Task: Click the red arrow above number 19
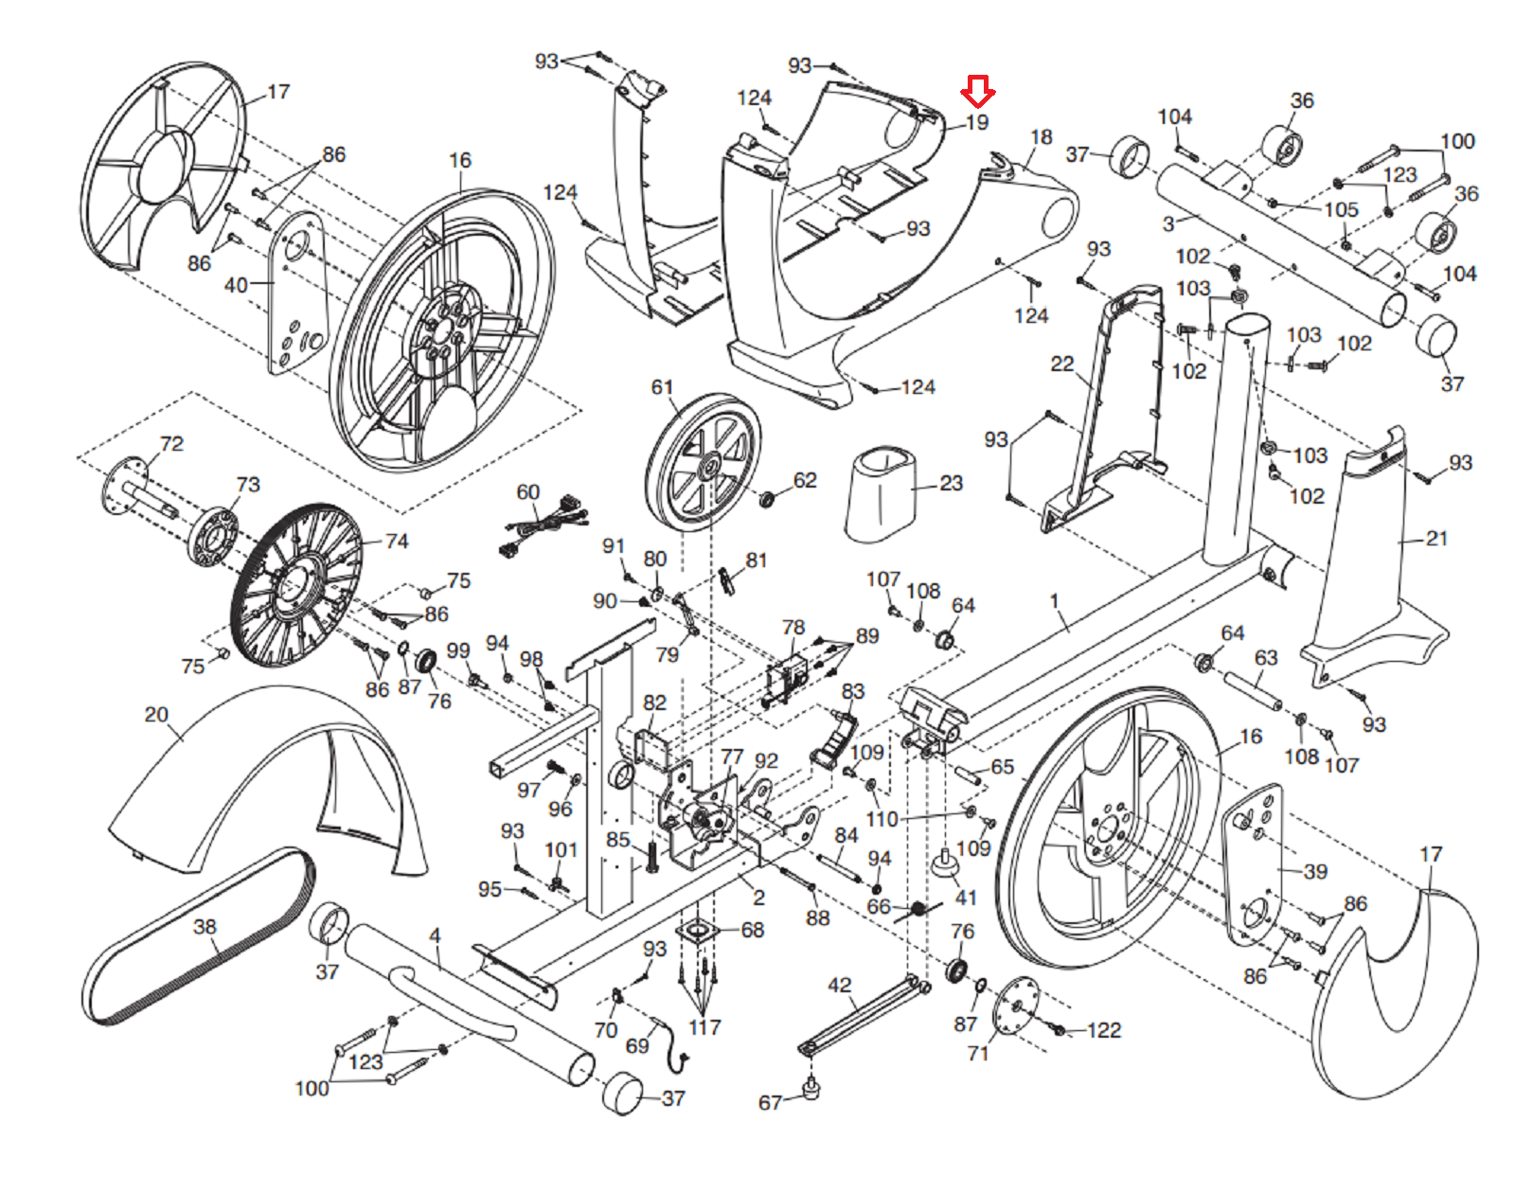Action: coord(977,92)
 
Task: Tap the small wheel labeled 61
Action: coord(703,459)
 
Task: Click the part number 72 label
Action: coord(171,444)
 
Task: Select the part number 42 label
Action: coord(839,986)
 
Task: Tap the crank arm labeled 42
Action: coord(857,1018)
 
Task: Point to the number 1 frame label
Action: coord(1054,600)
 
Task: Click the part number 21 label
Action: coord(1436,539)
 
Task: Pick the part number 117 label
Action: coord(704,1027)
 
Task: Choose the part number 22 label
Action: coord(1062,365)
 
